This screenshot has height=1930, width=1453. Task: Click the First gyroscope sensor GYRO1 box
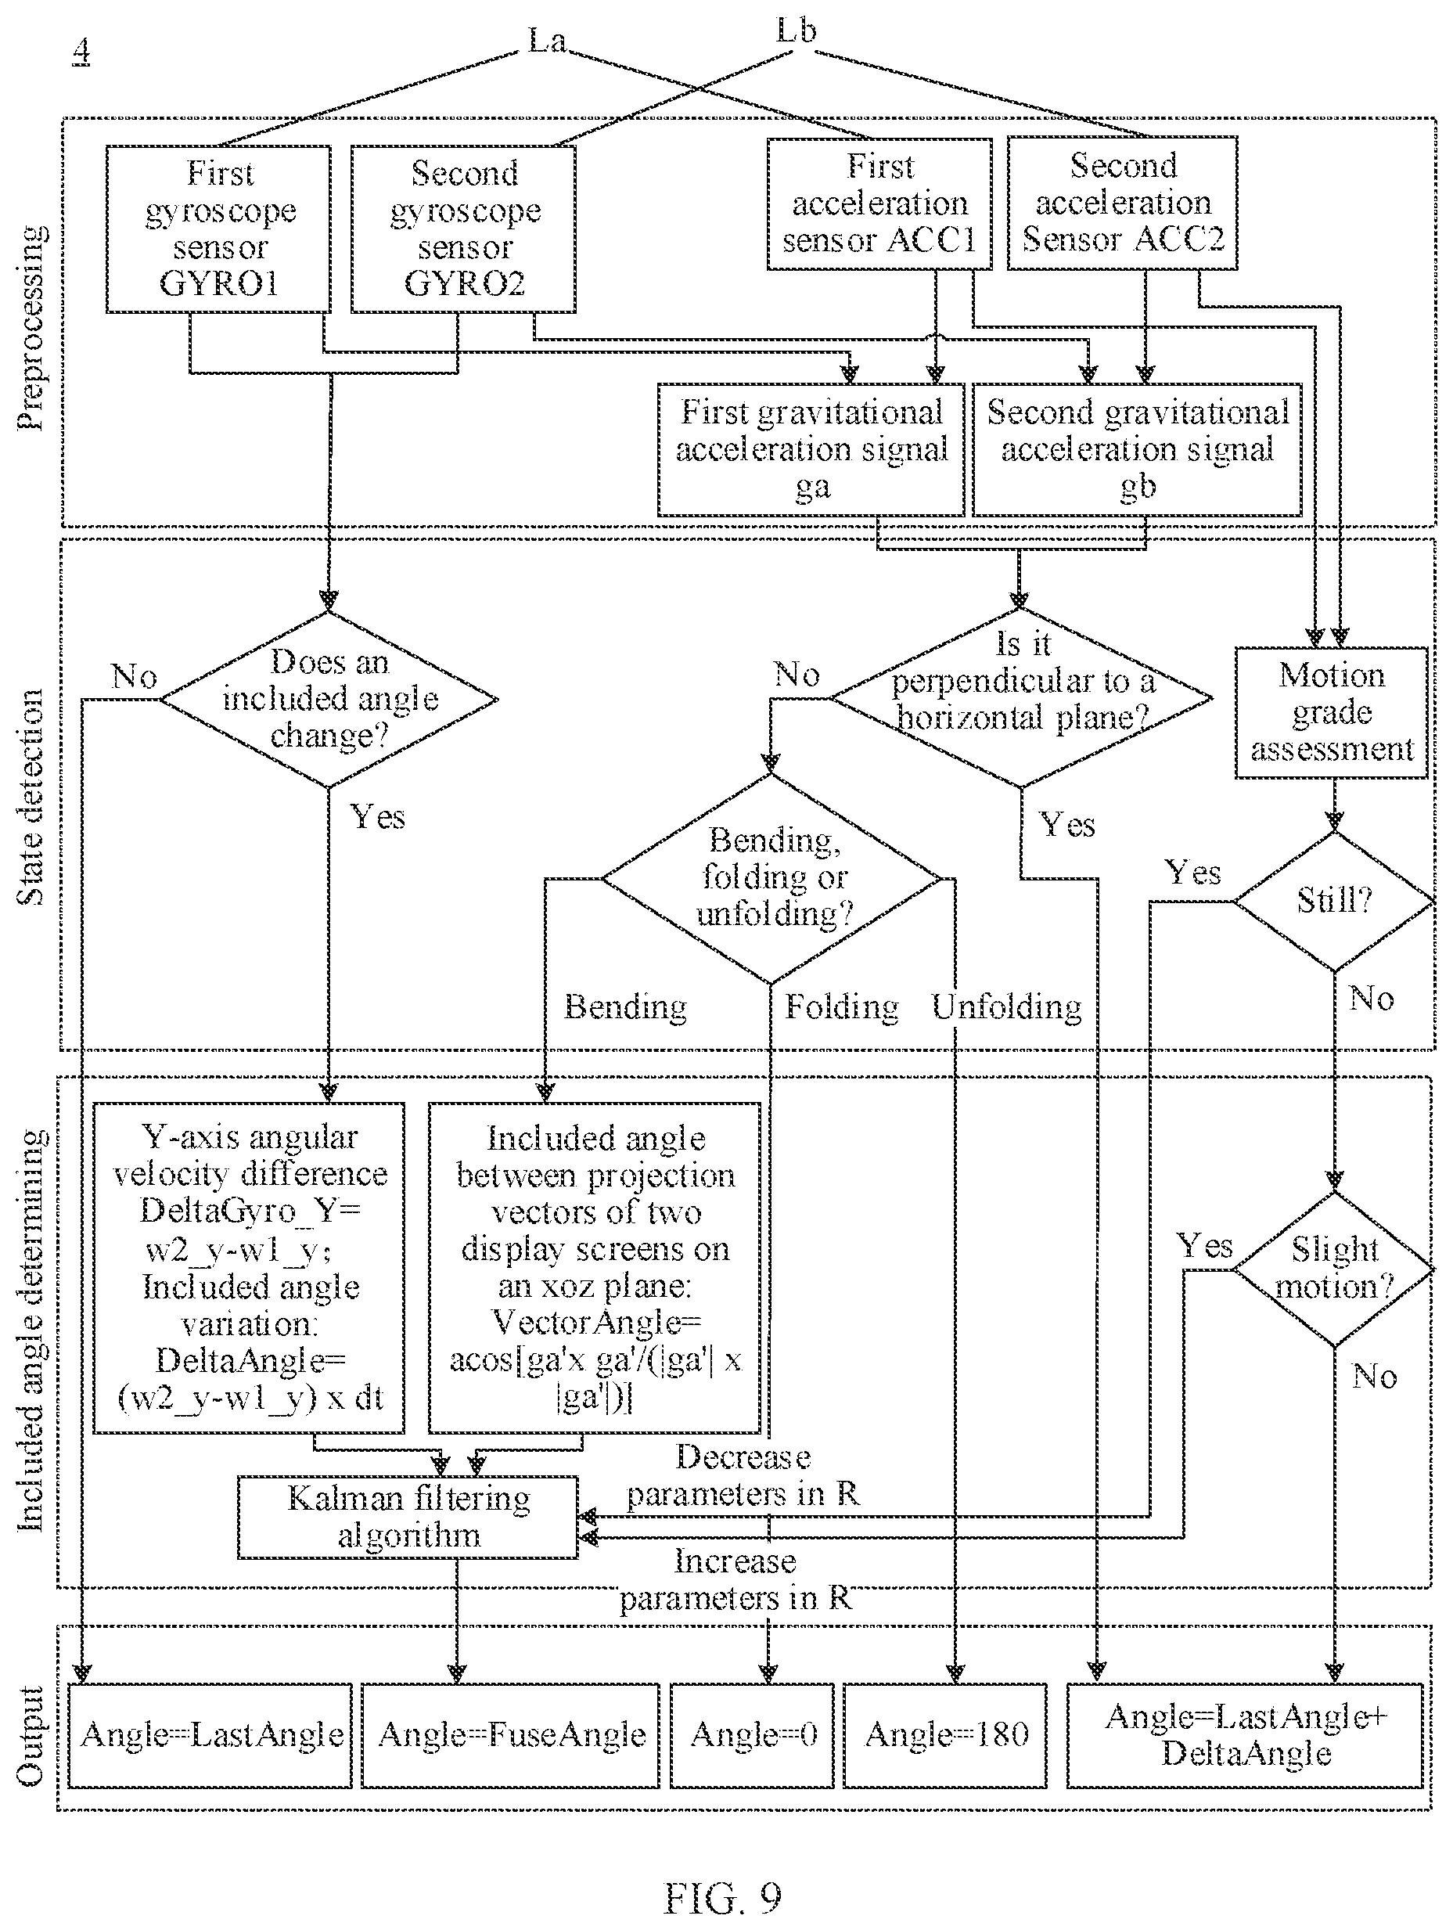click(218, 229)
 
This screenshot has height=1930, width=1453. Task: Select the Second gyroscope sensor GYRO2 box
click(463, 229)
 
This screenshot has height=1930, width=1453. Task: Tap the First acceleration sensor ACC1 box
click(879, 204)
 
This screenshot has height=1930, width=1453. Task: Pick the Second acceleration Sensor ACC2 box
click(1123, 203)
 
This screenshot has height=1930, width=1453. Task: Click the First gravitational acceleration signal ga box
click(811, 449)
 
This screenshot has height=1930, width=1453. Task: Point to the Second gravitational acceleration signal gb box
click(1137, 449)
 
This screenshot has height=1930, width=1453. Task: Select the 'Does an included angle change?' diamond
click(329, 699)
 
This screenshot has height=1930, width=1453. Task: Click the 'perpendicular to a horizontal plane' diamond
click(1021, 698)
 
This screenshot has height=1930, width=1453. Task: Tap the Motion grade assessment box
click(1332, 712)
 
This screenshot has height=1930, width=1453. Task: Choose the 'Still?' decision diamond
click(1334, 902)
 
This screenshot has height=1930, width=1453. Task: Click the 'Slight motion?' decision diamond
click(1334, 1269)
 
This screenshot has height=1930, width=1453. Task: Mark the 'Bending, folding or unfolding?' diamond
click(771, 879)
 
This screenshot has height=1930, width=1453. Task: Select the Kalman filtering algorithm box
click(408, 1518)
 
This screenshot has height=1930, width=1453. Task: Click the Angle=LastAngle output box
click(210, 1735)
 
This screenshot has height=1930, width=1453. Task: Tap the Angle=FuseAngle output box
click(510, 1735)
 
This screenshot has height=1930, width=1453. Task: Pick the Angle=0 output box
click(752, 1735)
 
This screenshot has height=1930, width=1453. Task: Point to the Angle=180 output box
click(945, 1735)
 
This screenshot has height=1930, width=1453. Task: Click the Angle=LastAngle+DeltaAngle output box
click(1246, 1735)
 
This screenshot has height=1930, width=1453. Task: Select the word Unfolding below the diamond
click(1006, 1007)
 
